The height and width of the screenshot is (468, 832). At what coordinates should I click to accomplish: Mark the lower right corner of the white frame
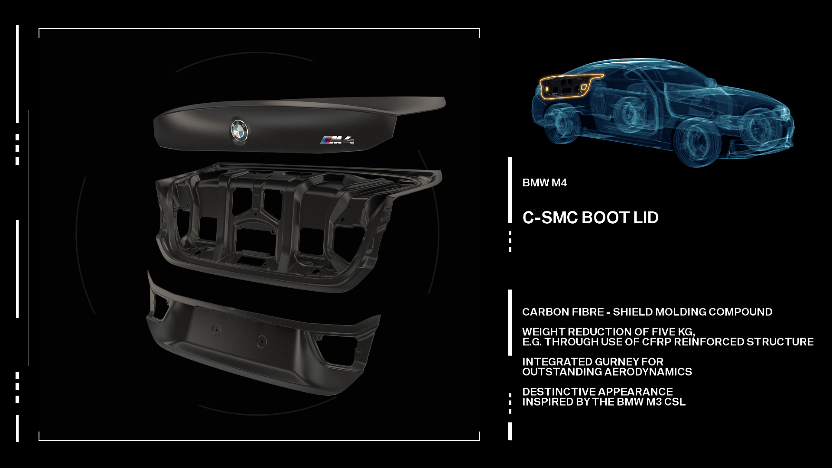479,440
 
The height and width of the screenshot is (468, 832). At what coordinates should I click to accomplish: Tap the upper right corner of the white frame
479,29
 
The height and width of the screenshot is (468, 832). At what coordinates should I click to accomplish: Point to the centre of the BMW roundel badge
239,130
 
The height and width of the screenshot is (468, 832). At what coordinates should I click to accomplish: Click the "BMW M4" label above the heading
545,183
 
